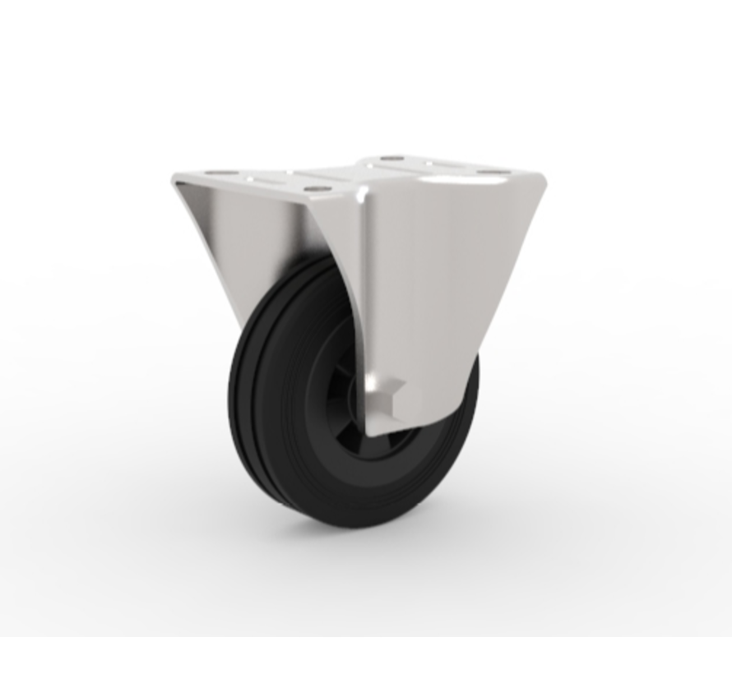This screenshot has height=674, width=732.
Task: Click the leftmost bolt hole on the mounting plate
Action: click(217, 173)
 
